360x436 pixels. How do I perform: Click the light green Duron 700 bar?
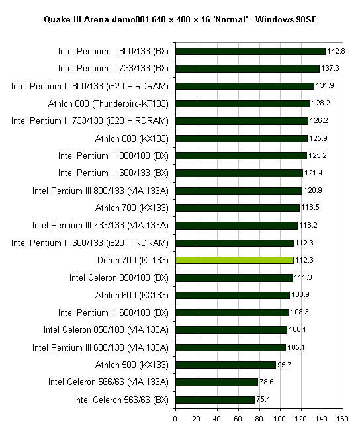point(234,260)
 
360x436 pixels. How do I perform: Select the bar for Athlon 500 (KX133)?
point(226,365)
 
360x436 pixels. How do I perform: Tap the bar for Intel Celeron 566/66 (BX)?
point(215,400)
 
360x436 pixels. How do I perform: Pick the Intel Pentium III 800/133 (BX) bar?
point(250,51)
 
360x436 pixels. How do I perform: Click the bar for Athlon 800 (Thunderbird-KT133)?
point(243,103)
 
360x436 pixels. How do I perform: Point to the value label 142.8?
point(336,51)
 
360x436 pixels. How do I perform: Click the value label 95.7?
point(285,365)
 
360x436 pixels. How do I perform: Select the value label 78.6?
point(267,382)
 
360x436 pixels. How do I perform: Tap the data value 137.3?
point(330,68)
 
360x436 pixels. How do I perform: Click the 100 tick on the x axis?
point(280,419)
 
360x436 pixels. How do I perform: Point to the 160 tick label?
point(343,419)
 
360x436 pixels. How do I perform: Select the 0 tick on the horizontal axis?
point(175,419)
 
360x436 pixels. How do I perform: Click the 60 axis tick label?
point(238,419)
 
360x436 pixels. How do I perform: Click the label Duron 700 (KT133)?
point(133,260)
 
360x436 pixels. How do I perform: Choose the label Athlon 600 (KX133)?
point(132,295)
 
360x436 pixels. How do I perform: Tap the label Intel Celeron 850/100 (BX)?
point(119,277)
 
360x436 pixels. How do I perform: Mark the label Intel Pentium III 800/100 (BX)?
point(114,155)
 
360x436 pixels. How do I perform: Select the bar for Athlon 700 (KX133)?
point(238,208)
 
